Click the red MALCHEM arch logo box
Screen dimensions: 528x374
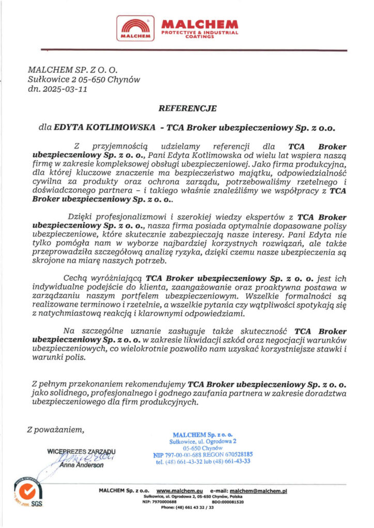click(x=135, y=28)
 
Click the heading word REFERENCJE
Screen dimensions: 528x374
click(x=187, y=108)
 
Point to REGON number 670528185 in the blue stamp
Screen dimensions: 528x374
click(x=235, y=454)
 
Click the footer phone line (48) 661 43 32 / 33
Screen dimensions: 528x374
click(x=187, y=507)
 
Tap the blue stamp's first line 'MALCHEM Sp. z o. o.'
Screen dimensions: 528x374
click(x=202, y=435)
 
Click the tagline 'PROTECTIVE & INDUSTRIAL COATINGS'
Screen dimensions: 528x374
click(x=200, y=35)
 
